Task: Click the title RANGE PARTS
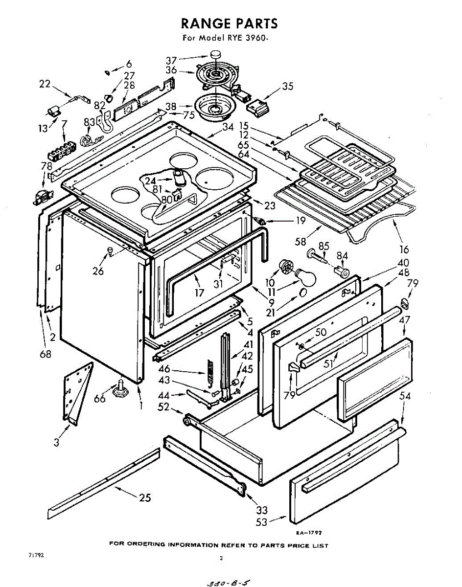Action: point(229,23)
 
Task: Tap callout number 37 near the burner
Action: point(171,60)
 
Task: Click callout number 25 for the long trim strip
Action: point(144,497)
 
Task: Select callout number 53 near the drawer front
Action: point(262,522)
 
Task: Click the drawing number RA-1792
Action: point(308,533)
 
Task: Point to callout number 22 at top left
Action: point(45,84)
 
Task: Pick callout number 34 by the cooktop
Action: point(228,128)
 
